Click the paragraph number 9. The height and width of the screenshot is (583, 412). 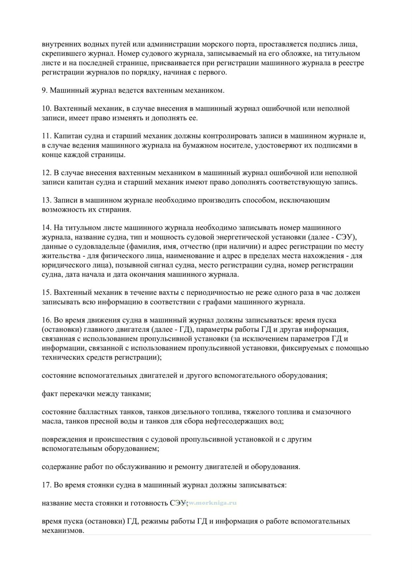(44, 90)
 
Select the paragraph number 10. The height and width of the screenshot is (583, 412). (46, 109)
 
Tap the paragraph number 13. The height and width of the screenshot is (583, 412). (46, 200)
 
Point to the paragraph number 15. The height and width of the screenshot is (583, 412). (46, 293)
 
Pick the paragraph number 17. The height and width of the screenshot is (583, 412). (46, 485)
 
